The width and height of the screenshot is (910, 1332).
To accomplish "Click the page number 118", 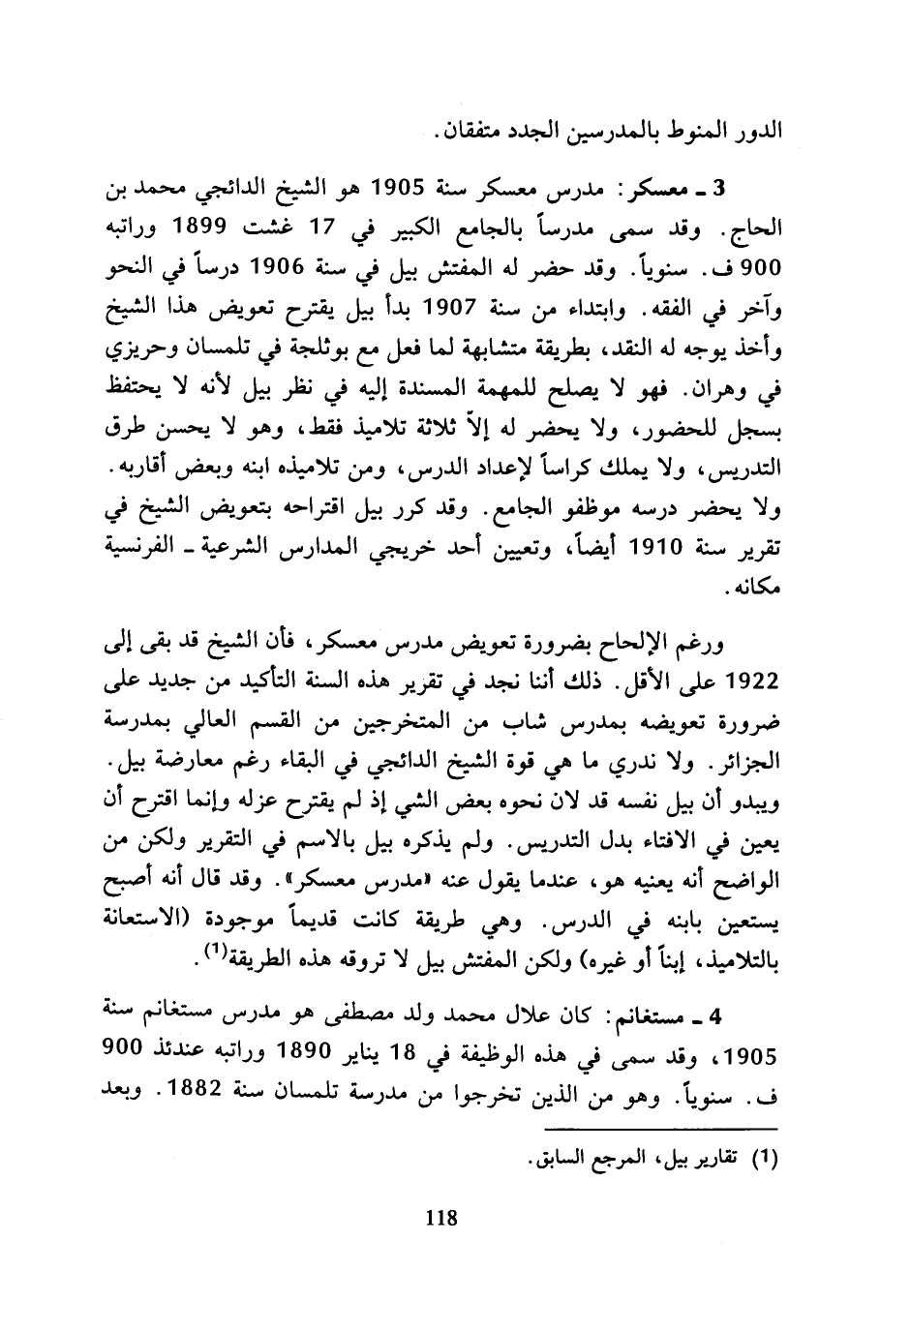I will click(x=440, y=1219).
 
